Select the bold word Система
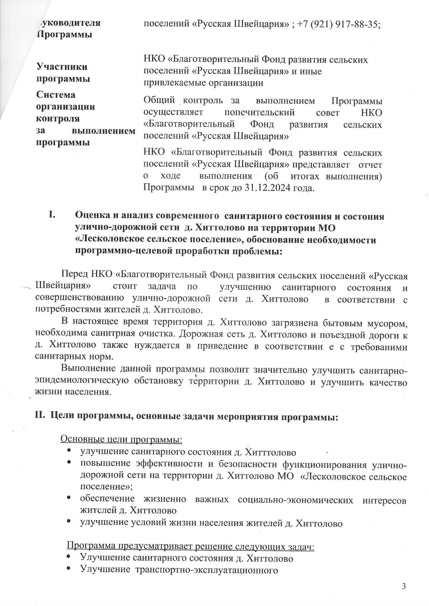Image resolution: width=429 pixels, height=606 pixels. click(x=56, y=95)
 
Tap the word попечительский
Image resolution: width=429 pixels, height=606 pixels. click(x=259, y=112)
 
